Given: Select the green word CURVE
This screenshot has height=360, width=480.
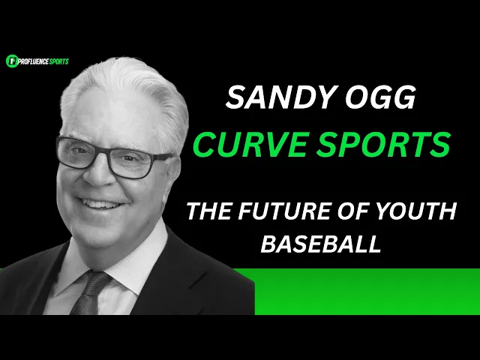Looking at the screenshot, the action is coord(249,144).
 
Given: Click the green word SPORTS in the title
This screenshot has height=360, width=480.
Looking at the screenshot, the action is coord(383,144).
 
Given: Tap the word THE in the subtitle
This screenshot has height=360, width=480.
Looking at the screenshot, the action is coord(208,211).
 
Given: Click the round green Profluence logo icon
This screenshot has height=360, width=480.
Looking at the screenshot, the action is coord(12,61).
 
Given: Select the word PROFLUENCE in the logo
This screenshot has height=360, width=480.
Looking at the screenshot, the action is coord(34,61).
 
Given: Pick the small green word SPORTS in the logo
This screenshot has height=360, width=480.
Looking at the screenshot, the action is coord(59,61).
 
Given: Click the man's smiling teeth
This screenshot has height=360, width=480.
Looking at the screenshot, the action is coord(99,204).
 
